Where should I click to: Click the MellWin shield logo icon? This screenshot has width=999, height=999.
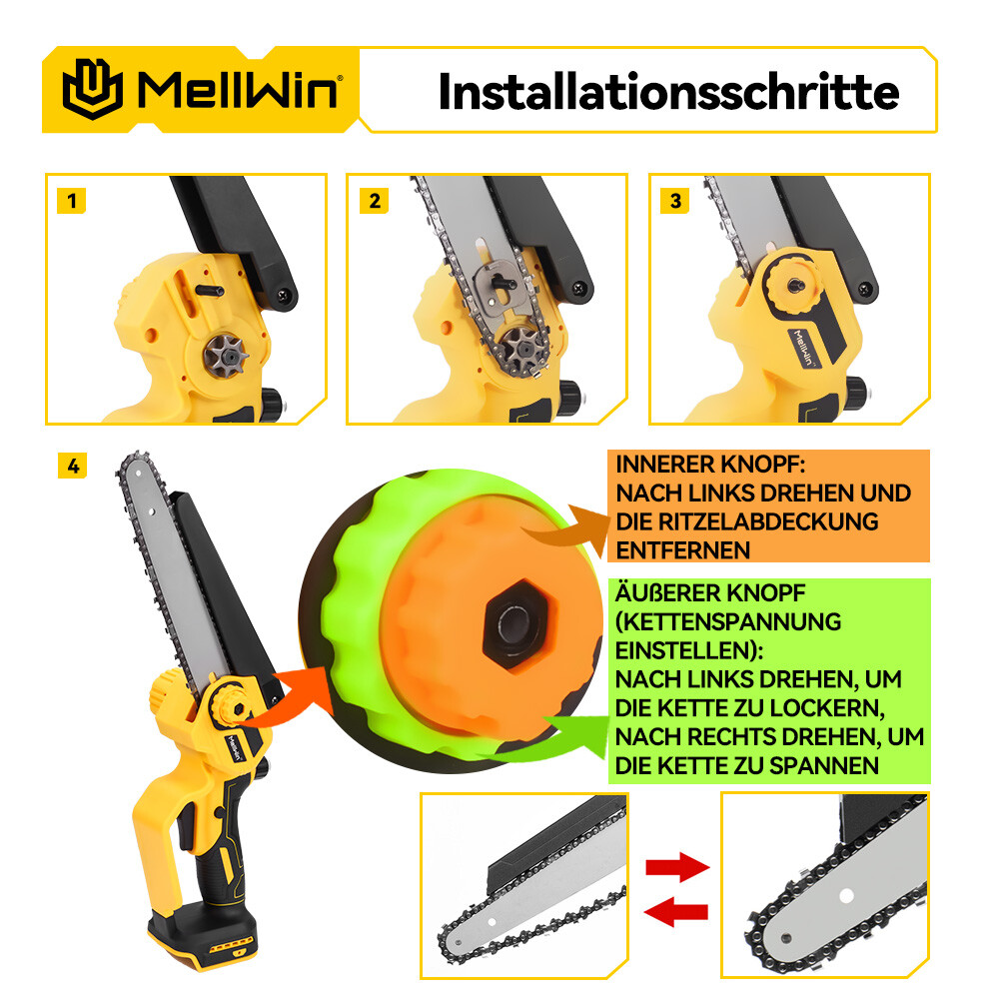tap(93, 89)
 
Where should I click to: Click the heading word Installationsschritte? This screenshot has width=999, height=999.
tap(669, 92)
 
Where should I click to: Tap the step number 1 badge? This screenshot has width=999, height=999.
tap(71, 201)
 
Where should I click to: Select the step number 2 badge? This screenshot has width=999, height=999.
tap(374, 201)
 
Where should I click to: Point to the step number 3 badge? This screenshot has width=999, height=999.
tap(675, 201)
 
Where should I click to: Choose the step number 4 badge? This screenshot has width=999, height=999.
tap(73, 466)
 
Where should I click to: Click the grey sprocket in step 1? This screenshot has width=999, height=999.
tap(226, 355)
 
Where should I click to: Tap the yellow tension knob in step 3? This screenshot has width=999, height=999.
tap(792, 285)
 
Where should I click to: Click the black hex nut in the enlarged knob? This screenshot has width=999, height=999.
tap(517, 623)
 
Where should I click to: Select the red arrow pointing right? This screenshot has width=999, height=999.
tap(677, 866)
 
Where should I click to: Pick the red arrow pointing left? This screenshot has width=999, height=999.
tap(675, 912)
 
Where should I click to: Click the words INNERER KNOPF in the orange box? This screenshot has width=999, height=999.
tap(710, 465)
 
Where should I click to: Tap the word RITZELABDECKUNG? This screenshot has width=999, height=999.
tap(768, 521)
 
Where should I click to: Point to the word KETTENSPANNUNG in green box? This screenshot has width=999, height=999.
tap(727, 621)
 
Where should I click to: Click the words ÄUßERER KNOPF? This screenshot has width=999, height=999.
tap(709, 592)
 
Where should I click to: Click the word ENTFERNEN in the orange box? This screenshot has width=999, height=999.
tap(682, 550)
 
